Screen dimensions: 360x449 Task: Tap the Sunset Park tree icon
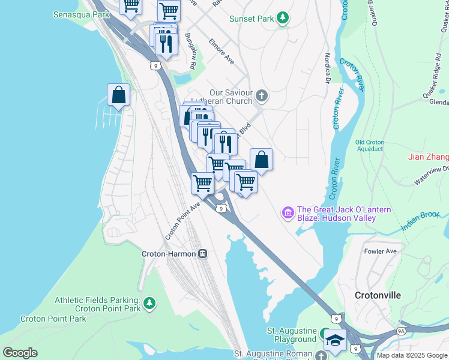click(x=283, y=19)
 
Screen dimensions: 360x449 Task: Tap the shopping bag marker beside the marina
click(x=119, y=95)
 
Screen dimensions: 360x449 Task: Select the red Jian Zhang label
click(x=428, y=157)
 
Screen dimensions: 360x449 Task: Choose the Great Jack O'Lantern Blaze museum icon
click(x=288, y=212)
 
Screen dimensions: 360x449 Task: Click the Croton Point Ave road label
click(x=182, y=220)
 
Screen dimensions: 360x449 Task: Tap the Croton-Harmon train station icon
click(x=203, y=254)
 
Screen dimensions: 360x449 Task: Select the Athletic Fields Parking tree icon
click(x=149, y=304)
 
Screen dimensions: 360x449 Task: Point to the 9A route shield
click(x=401, y=331)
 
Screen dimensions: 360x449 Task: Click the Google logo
click(x=20, y=353)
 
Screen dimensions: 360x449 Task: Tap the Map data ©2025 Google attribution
click(x=412, y=355)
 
